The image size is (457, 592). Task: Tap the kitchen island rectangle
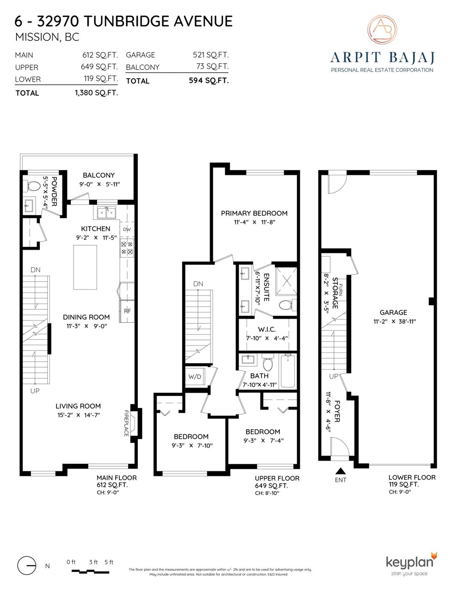[85, 267]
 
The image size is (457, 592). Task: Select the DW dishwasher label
[127, 229]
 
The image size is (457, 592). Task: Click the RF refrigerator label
[127, 311]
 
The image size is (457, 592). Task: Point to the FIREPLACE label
[126, 423]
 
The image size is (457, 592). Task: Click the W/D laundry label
[195, 377]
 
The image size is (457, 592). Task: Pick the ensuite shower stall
[286, 282]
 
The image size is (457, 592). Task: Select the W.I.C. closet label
[266, 329]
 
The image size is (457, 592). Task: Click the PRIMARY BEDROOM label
[254, 213]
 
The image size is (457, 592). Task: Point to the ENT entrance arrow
[340, 471]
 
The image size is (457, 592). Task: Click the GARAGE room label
[393, 313]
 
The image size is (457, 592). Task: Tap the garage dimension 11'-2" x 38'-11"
[395, 321]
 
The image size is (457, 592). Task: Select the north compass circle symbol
[26, 566]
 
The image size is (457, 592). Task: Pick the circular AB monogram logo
[382, 29]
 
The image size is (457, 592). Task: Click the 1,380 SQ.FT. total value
[96, 93]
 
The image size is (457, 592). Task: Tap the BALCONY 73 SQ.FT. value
[212, 67]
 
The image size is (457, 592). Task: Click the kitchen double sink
[106, 212]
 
